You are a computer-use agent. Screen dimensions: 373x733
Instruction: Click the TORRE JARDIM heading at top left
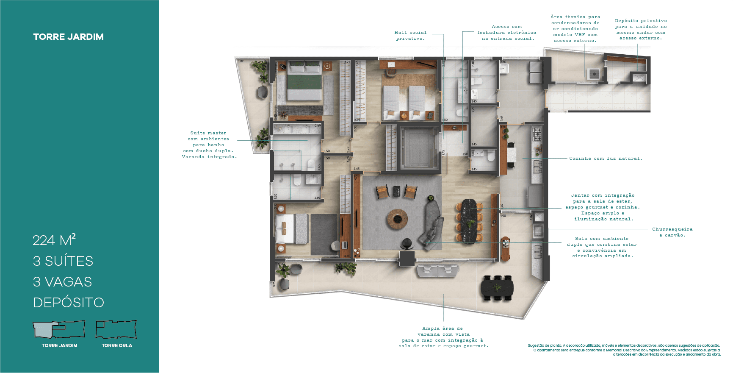(x=68, y=37)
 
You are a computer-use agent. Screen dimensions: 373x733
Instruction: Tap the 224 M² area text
(x=54, y=240)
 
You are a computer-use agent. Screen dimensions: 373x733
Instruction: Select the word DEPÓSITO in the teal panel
(x=68, y=303)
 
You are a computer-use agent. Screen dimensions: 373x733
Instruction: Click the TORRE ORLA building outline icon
(x=116, y=329)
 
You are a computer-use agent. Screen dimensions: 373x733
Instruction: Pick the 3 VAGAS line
(x=62, y=282)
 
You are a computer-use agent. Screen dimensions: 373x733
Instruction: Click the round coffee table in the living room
(x=397, y=219)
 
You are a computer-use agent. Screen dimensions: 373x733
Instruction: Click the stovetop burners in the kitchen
(x=537, y=134)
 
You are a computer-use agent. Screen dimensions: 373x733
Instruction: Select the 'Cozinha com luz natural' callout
(x=606, y=159)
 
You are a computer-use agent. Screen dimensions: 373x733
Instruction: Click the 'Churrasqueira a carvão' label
(x=672, y=232)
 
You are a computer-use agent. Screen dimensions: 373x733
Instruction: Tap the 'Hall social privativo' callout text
(x=410, y=35)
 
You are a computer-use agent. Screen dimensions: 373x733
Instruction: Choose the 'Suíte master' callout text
(x=209, y=145)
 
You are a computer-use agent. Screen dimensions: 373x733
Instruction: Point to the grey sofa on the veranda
(x=437, y=270)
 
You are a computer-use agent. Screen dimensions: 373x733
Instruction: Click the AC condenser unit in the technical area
(x=593, y=74)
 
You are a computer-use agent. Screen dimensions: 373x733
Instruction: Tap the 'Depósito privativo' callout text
(x=641, y=29)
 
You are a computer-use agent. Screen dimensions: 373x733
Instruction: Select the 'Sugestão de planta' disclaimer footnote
(x=624, y=350)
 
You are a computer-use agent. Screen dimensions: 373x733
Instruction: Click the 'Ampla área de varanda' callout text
(x=443, y=337)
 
